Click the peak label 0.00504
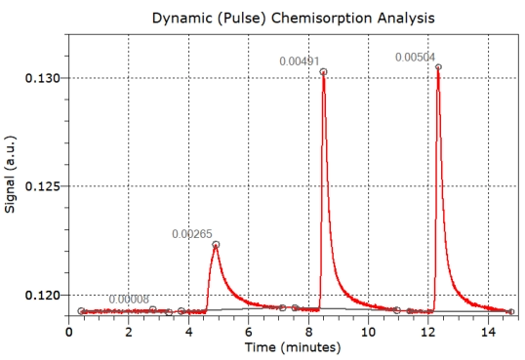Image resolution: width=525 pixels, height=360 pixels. click(415, 58)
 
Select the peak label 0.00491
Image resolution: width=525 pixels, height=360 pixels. click(299, 61)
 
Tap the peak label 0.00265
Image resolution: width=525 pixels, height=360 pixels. click(191, 234)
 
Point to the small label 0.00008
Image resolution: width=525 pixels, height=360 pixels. click(129, 300)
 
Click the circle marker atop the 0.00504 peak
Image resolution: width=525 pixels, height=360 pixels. click(438, 67)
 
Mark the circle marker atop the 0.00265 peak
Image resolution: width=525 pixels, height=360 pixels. click(216, 245)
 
